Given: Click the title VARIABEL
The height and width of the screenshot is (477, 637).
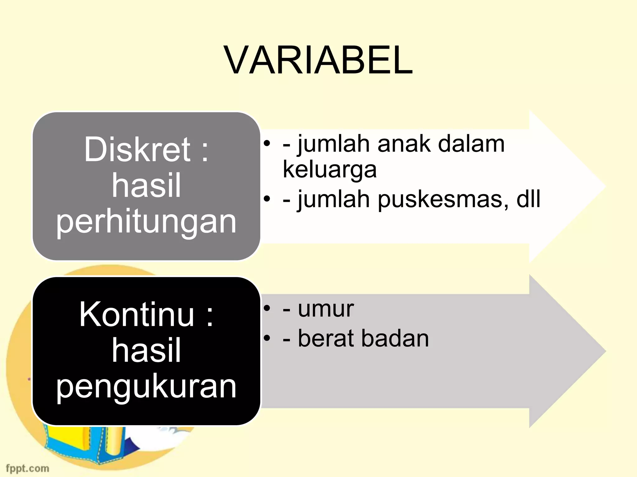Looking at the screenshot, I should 318,60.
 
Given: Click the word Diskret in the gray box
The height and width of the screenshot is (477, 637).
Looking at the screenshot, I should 137,150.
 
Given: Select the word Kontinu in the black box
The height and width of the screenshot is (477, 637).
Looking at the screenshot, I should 137,315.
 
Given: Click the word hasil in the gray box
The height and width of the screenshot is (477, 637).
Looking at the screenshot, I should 146,186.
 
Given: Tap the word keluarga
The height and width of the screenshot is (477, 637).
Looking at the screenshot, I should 329,170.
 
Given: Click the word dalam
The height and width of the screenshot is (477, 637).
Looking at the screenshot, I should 471,144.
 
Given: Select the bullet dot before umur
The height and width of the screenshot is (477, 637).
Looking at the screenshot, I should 267,308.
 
